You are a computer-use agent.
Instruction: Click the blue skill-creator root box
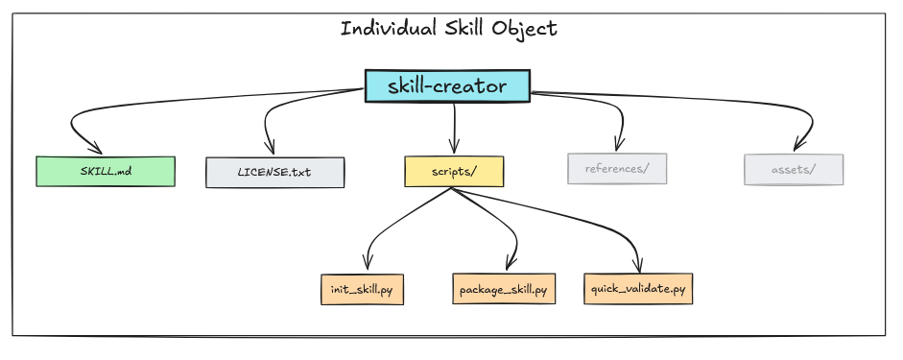(x=447, y=85)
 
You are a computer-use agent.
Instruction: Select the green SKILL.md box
(x=106, y=171)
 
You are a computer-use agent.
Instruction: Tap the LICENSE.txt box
(x=274, y=173)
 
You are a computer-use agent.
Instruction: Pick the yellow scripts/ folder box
(x=454, y=171)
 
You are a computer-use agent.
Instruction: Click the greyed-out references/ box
(x=617, y=169)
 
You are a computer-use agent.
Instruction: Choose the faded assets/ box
(x=794, y=170)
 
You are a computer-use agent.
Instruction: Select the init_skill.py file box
(x=362, y=289)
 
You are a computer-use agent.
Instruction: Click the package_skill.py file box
(x=503, y=289)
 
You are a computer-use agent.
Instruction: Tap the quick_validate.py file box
(x=637, y=288)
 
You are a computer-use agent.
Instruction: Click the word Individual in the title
(x=385, y=28)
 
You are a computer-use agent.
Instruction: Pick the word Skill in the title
(x=466, y=28)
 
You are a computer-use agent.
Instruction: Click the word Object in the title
(x=527, y=29)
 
